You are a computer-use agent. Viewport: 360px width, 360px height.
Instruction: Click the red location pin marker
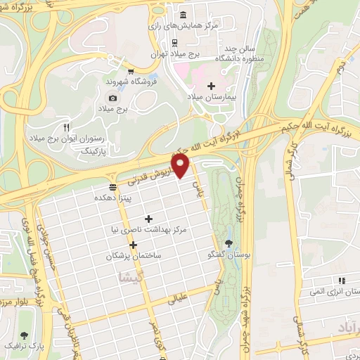[181, 166]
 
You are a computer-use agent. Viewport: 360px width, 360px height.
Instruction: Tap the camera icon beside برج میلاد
[112, 98]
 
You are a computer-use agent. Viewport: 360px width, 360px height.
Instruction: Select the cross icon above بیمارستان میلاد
[211, 85]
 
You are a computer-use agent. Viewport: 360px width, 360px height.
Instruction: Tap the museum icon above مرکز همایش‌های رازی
[184, 15]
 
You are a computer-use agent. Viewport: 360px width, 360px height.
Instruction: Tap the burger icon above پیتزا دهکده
[113, 187]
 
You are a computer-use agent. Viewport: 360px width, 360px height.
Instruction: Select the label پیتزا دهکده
[111, 198]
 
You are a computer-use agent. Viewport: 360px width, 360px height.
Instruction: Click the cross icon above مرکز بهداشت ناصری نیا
[148, 218]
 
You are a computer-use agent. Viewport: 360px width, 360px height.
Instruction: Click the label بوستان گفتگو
[229, 254]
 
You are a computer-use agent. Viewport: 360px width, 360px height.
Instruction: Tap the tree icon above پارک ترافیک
[25, 336]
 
